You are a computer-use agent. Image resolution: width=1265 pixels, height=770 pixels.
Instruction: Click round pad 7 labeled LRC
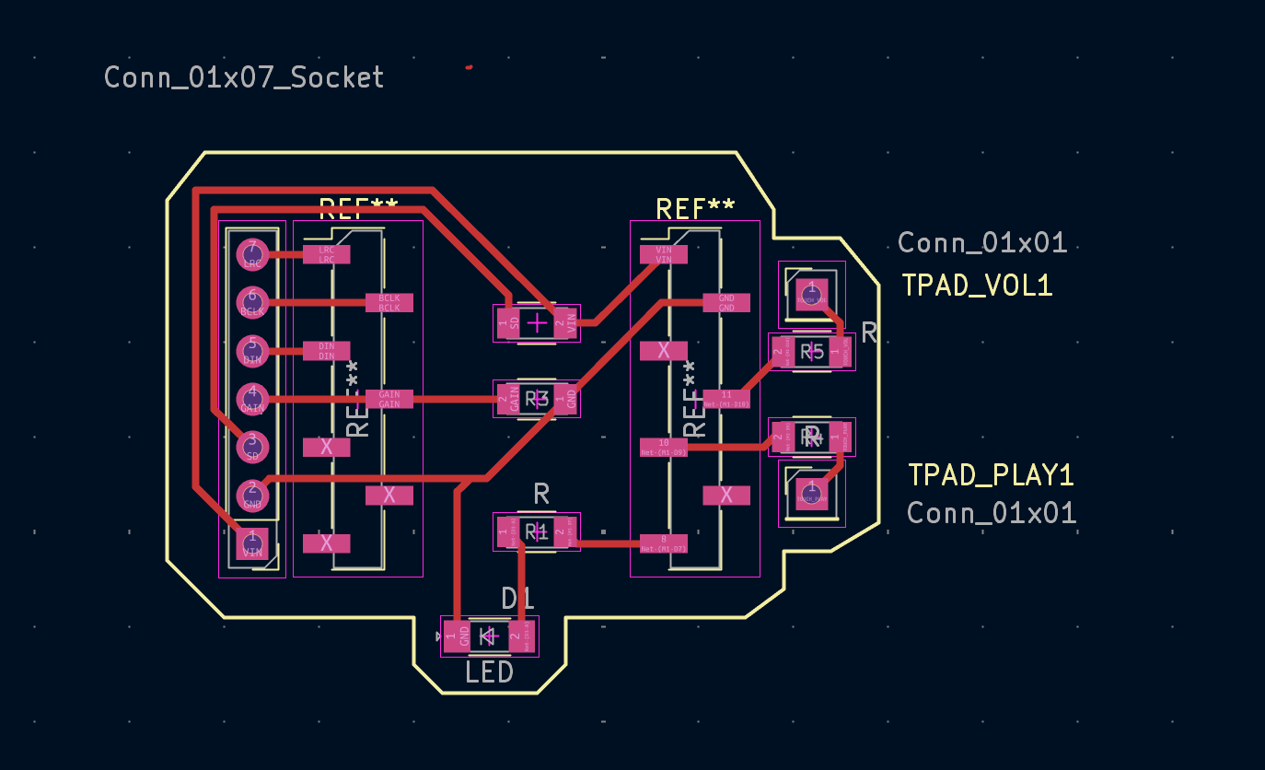pos(251,254)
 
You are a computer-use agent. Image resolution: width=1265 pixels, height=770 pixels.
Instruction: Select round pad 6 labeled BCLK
pos(251,302)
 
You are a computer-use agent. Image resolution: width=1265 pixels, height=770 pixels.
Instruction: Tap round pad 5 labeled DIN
pos(251,351)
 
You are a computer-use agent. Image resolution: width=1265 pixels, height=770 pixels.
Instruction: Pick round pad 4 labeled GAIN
pos(251,399)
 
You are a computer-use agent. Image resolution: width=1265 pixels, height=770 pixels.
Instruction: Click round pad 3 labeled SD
pos(251,447)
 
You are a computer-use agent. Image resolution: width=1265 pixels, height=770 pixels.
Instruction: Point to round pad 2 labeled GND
pos(251,496)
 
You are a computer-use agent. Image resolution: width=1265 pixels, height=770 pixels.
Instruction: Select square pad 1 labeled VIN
pos(251,543)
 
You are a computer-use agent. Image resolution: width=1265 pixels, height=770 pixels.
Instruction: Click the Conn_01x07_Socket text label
pos(244,77)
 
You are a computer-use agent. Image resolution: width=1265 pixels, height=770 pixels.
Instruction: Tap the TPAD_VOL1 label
pos(977,286)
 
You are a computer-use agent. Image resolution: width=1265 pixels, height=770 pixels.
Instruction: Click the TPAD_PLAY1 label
pos(991,475)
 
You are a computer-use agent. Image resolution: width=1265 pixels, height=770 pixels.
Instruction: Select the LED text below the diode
pos(489,673)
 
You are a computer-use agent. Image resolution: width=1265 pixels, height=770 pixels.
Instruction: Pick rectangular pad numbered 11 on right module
pos(726,399)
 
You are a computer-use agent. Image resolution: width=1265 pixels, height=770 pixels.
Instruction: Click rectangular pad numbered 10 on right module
pos(664,448)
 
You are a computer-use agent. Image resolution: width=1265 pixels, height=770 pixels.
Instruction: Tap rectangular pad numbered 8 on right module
pos(664,543)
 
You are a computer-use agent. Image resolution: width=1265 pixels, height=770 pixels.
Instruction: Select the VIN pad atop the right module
pos(664,254)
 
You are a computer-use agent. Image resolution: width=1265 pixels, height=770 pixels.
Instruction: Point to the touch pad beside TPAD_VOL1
pos(811,294)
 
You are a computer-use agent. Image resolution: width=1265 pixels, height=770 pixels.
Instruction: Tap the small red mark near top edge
pos(470,67)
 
